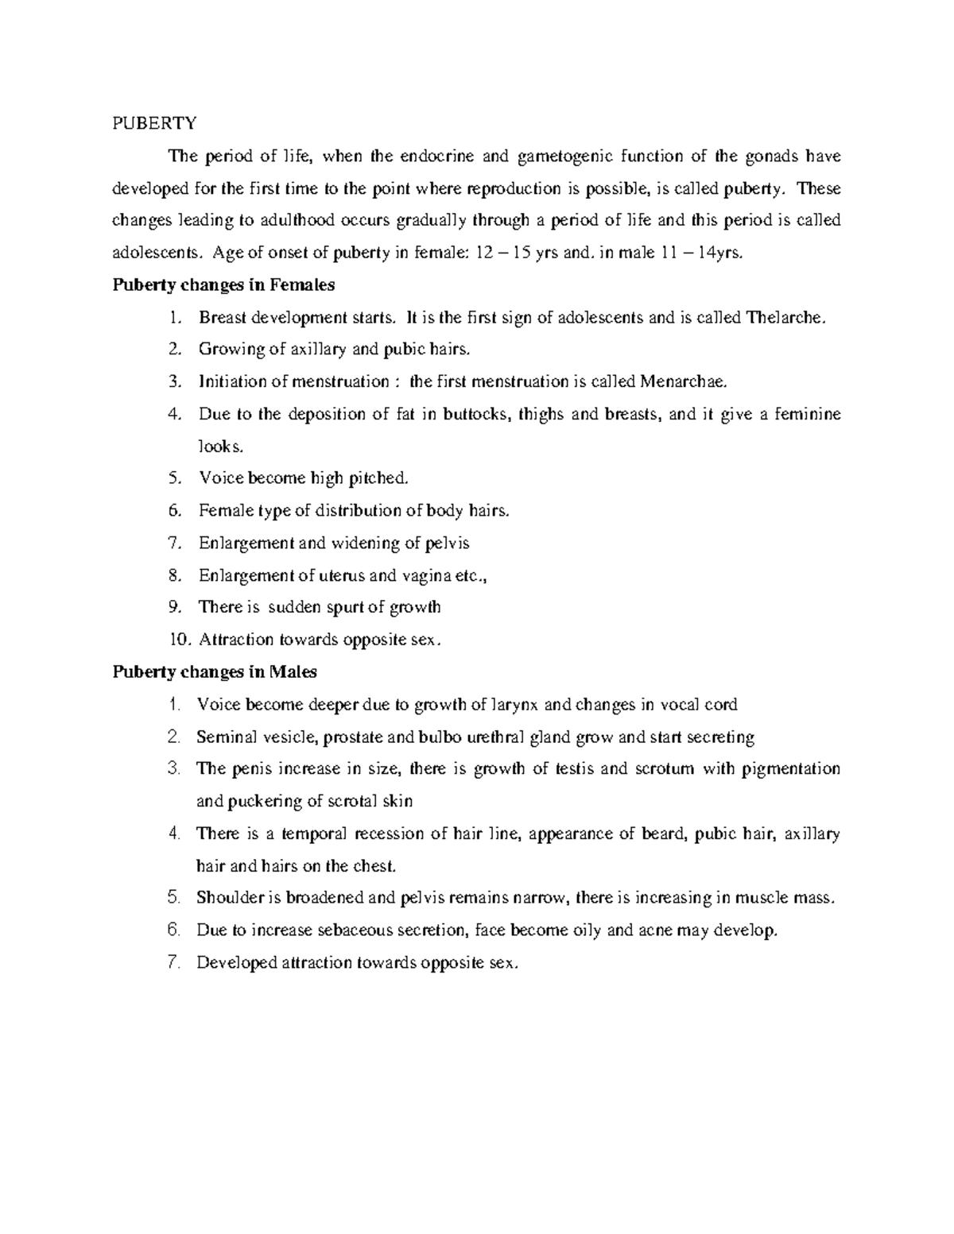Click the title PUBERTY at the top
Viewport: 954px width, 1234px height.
[x=154, y=123]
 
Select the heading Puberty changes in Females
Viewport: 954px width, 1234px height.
[x=223, y=284]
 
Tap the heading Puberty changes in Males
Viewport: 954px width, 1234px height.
[x=215, y=672]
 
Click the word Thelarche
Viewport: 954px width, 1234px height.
[x=785, y=318]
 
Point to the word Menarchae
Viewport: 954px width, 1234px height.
[x=682, y=381]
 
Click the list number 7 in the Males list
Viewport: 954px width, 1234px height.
[x=176, y=963]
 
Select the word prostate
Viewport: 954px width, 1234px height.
[x=352, y=737]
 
